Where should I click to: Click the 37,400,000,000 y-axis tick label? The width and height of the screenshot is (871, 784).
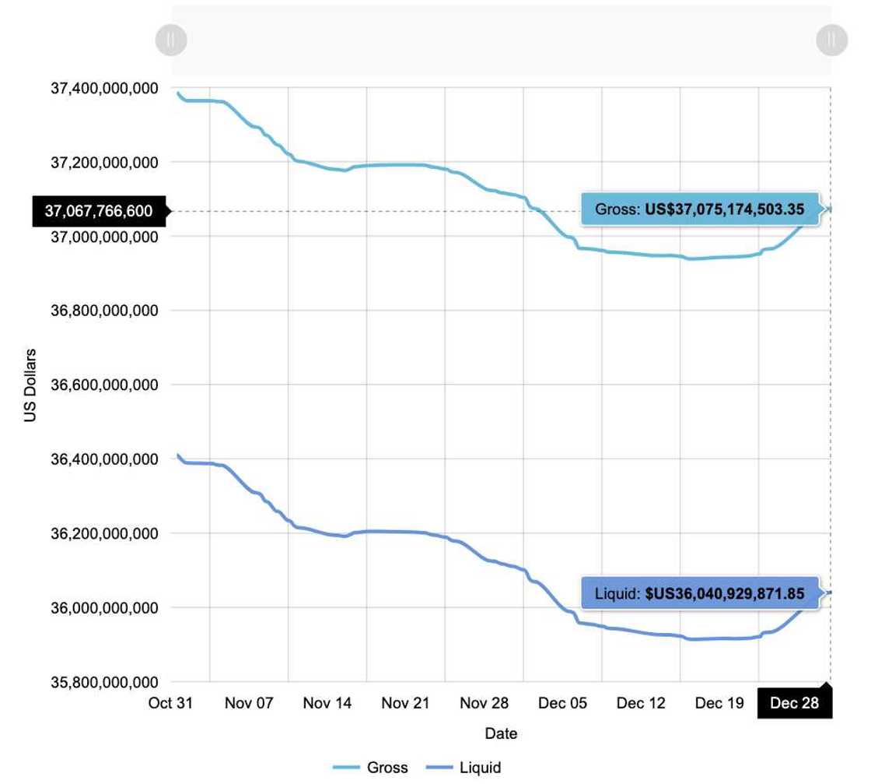(104, 89)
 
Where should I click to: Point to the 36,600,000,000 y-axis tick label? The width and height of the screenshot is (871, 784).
(104, 385)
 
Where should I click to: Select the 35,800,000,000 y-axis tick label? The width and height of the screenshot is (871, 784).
(104, 683)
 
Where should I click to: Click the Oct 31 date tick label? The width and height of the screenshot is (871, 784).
(170, 704)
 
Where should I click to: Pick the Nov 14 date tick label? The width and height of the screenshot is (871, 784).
(327, 704)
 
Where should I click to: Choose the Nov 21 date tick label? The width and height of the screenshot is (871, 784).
(406, 704)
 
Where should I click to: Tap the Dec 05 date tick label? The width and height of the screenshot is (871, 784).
(562, 704)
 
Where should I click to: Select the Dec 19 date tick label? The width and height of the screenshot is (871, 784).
(719, 704)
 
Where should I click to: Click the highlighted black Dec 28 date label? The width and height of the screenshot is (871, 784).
(794, 704)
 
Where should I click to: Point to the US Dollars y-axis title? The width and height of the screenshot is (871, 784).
(30, 385)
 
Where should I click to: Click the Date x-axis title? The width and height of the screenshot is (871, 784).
(501, 733)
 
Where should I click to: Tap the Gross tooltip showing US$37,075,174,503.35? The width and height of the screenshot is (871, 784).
(700, 209)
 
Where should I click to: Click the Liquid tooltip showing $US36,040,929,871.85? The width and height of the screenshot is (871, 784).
(700, 593)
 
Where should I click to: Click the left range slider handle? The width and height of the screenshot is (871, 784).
(171, 40)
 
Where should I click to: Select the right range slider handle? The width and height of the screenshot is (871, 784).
(831, 40)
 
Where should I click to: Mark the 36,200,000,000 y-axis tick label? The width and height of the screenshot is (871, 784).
(104, 534)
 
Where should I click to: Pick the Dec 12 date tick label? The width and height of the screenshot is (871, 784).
(641, 704)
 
